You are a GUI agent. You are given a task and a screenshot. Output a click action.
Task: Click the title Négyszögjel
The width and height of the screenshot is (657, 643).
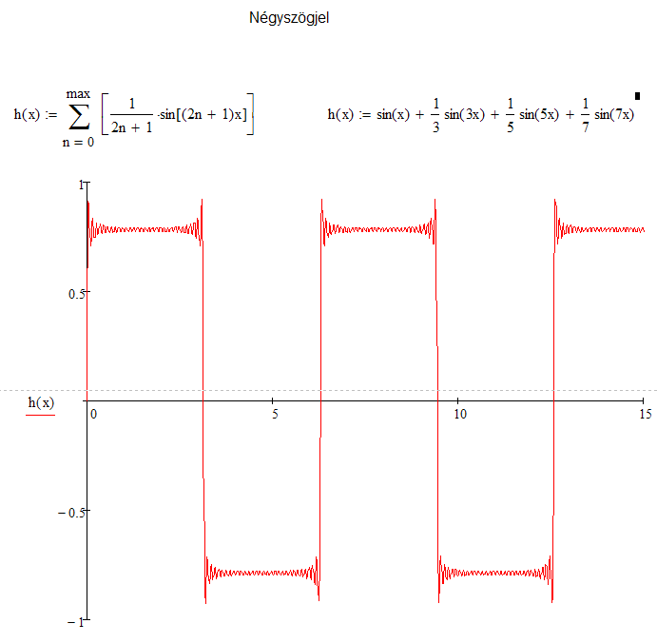tap(290, 17)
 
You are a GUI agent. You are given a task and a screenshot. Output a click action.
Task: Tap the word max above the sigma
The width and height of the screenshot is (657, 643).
tap(78, 93)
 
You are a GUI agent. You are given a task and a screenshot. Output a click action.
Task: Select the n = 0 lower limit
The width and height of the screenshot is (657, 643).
tap(78, 142)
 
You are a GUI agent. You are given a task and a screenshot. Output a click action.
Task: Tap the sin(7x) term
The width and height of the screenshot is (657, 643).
tap(614, 115)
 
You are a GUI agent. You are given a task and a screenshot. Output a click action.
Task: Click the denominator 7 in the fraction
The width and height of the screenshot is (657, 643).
tap(585, 128)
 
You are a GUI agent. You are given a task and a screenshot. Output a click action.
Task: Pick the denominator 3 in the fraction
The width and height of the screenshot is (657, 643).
tap(435, 128)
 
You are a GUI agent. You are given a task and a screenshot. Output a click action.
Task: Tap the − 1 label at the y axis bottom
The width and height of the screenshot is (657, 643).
tap(74, 622)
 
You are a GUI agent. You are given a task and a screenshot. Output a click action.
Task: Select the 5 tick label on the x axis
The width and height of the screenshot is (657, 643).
tap(274, 415)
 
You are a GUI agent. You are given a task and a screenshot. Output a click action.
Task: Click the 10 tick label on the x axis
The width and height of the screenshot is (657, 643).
tap(459, 415)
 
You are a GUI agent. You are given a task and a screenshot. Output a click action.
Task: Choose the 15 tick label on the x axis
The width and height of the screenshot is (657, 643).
tap(645, 415)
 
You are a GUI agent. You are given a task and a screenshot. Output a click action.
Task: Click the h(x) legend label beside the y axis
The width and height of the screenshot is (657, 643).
tap(41, 403)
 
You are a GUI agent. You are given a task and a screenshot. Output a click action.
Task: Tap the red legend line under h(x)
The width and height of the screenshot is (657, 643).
tap(41, 417)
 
